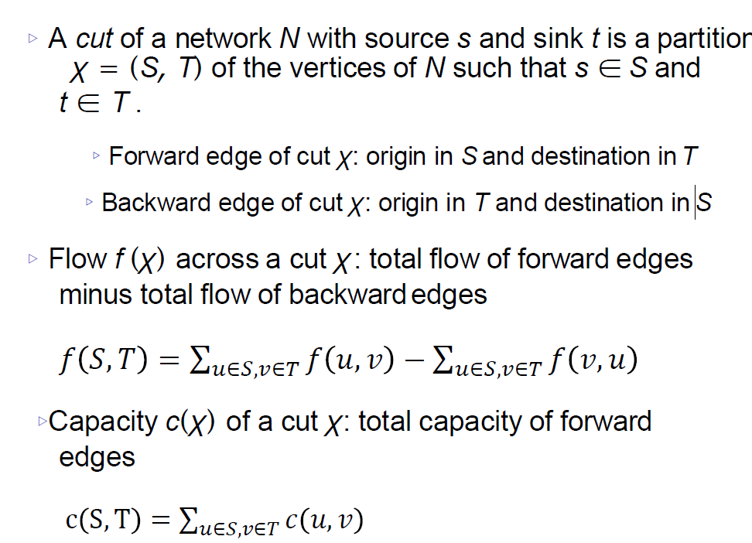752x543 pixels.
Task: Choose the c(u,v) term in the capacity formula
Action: point(324,521)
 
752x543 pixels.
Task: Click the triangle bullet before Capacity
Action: point(42,422)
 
